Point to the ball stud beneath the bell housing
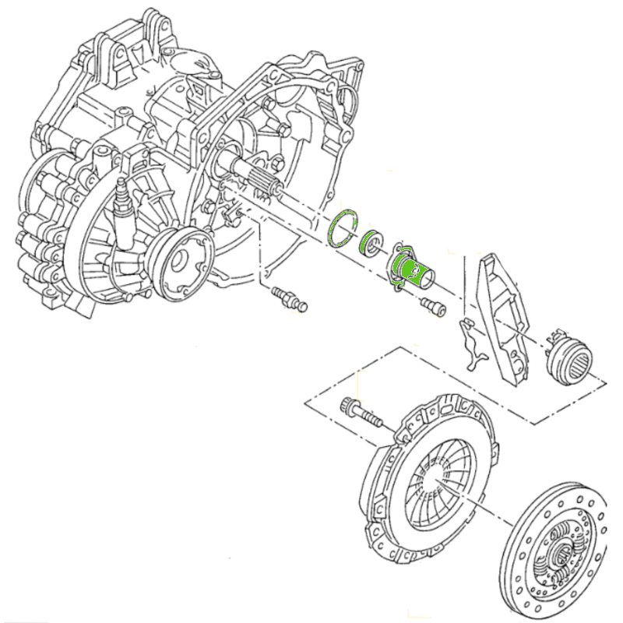tap(290, 299)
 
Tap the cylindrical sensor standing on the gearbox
tap(123, 207)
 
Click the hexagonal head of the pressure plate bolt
tap(348, 406)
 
